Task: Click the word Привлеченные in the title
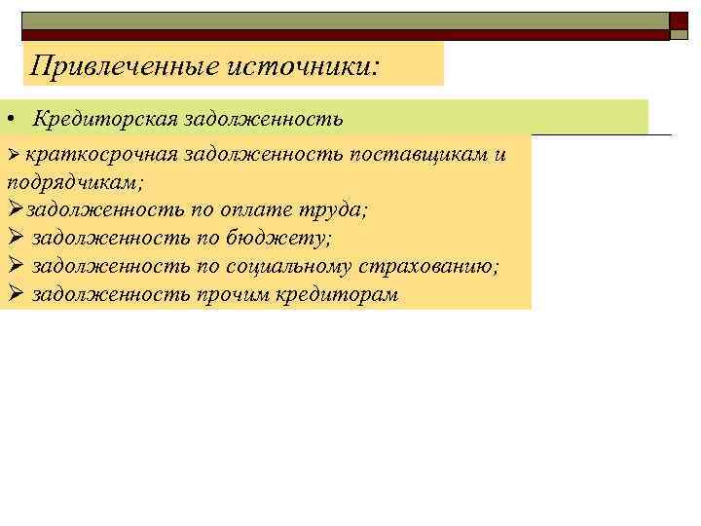pyautogui.click(x=125, y=65)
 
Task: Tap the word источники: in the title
pyautogui.click(x=318, y=65)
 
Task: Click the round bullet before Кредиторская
pyautogui.click(x=8, y=119)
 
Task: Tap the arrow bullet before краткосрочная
pyautogui.click(x=13, y=157)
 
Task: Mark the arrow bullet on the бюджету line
pyautogui.click(x=14, y=237)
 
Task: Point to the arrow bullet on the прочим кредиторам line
pyautogui.click(x=14, y=292)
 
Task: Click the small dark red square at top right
pyautogui.click(x=679, y=22)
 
